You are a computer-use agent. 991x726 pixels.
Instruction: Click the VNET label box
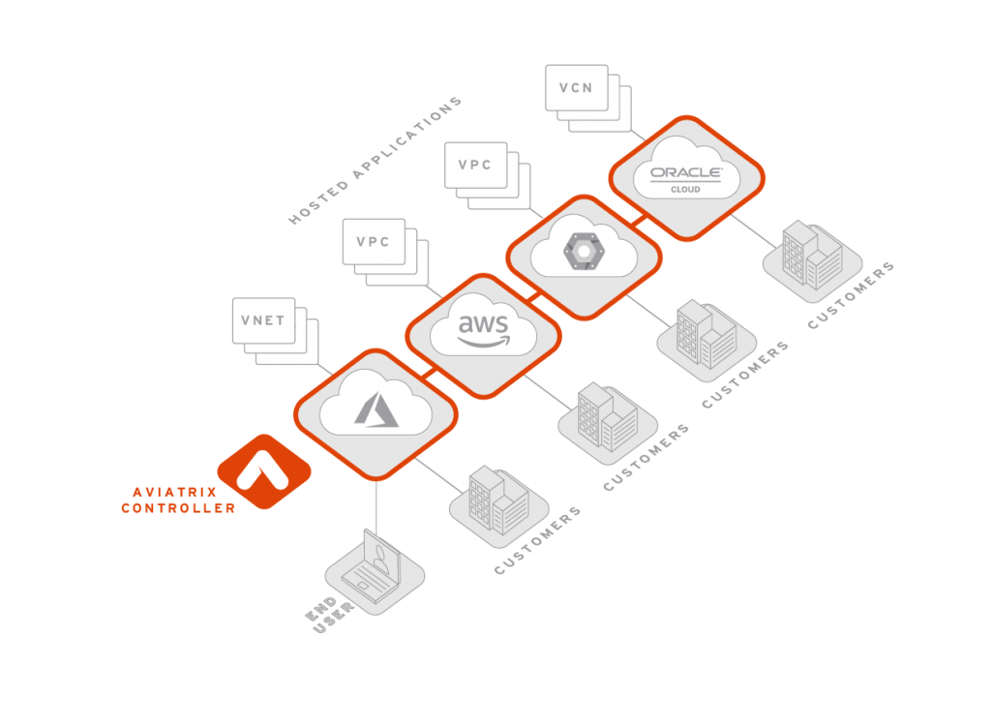pyautogui.click(x=263, y=320)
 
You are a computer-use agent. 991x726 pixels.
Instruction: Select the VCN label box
pyautogui.click(x=576, y=88)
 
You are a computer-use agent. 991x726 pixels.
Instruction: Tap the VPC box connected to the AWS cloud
pyautogui.click(x=373, y=242)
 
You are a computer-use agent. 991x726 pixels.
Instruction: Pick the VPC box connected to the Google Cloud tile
pyautogui.click(x=475, y=165)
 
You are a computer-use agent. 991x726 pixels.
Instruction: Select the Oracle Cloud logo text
pyautogui.click(x=686, y=175)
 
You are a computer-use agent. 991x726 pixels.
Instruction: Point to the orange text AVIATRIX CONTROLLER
pyautogui.click(x=178, y=500)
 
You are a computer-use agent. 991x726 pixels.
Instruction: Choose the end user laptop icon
pyautogui.click(x=374, y=571)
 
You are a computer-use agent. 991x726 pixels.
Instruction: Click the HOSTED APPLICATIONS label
pyautogui.click(x=375, y=161)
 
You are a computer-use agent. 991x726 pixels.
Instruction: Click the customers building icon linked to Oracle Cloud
pyautogui.click(x=812, y=256)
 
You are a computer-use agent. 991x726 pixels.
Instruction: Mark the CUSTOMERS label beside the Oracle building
pyautogui.click(x=852, y=294)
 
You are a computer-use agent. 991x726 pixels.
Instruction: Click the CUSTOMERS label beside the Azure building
pyautogui.click(x=538, y=540)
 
